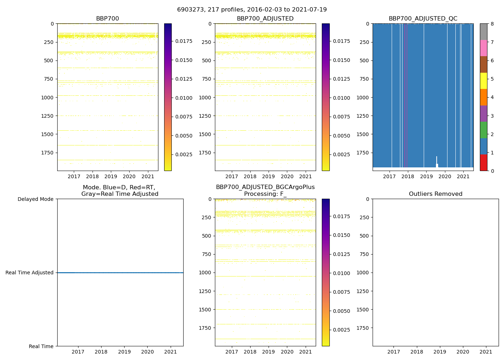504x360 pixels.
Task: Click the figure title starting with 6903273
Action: tap(252, 10)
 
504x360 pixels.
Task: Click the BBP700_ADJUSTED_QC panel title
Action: tap(423, 19)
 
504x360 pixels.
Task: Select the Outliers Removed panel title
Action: tap(436, 194)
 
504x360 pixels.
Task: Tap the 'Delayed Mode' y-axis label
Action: tap(35, 199)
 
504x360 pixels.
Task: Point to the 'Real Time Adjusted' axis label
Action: tap(30, 273)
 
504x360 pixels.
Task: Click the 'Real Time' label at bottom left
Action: tap(41, 346)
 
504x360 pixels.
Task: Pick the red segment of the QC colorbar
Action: tap(483, 163)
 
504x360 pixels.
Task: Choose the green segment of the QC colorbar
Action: tap(483, 130)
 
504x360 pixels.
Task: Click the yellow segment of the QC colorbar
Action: tap(483, 81)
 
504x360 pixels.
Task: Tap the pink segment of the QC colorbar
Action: tap(483, 48)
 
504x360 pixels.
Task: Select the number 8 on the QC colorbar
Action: tap(492, 24)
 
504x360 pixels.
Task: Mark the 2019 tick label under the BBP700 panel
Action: tap(111, 176)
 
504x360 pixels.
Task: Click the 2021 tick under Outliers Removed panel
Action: tap(486, 352)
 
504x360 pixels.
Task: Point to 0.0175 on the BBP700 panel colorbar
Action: tap(184, 41)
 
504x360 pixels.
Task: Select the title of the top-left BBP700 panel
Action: tap(107, 19)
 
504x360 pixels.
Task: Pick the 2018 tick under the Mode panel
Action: tap(101, 352)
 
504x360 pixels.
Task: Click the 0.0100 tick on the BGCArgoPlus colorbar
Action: tap(341, 273)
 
